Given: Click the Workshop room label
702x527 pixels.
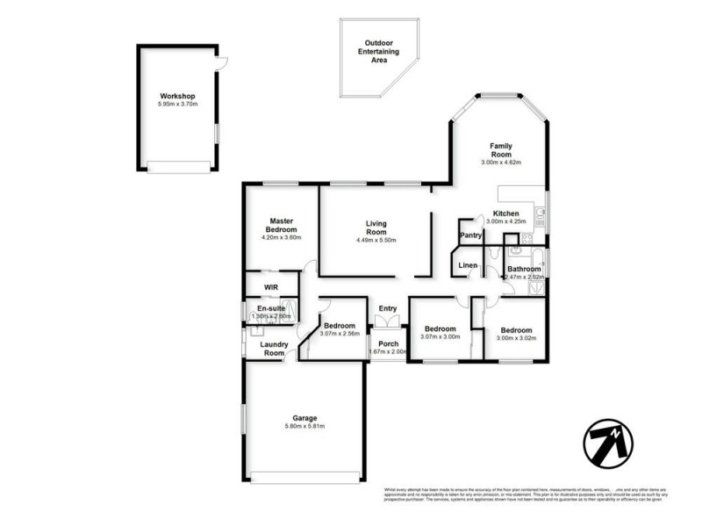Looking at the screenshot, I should (x=177, y=97).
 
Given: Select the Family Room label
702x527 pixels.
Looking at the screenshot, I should (x=501, y=151).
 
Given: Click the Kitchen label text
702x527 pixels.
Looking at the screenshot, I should (x=506, y=213).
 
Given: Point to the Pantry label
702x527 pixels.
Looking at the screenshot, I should (x=470, y=235).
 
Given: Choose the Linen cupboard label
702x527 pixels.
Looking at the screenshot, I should (x=468, y=265).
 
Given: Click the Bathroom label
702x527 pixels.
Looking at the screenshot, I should (x=524, y=269).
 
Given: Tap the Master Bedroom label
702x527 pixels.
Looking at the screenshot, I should (x=281, y=226).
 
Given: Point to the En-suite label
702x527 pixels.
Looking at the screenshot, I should (x=270, y=308).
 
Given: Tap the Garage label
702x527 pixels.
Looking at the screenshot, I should (x=304, y=418).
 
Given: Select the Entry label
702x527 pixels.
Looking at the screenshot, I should (x=387, y=308).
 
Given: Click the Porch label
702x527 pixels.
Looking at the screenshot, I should (x=388, y=343).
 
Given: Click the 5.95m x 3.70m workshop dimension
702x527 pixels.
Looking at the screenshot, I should (x=177, y=105).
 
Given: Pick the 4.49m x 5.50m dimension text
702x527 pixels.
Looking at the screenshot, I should (x=376, y=241).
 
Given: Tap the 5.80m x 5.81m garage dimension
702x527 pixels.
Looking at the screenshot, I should (x=304, y=427).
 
